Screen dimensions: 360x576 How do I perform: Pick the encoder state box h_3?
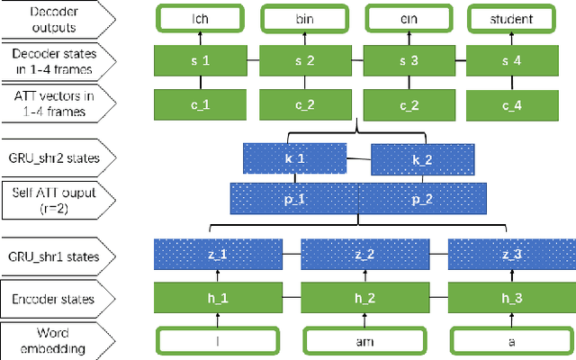pyautogui.click(x=508, y=298)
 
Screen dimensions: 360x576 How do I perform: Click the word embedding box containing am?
pyautogui.click(x=361, y=340)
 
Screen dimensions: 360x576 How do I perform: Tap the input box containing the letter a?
pyautogui.click(x=508, y=340)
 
